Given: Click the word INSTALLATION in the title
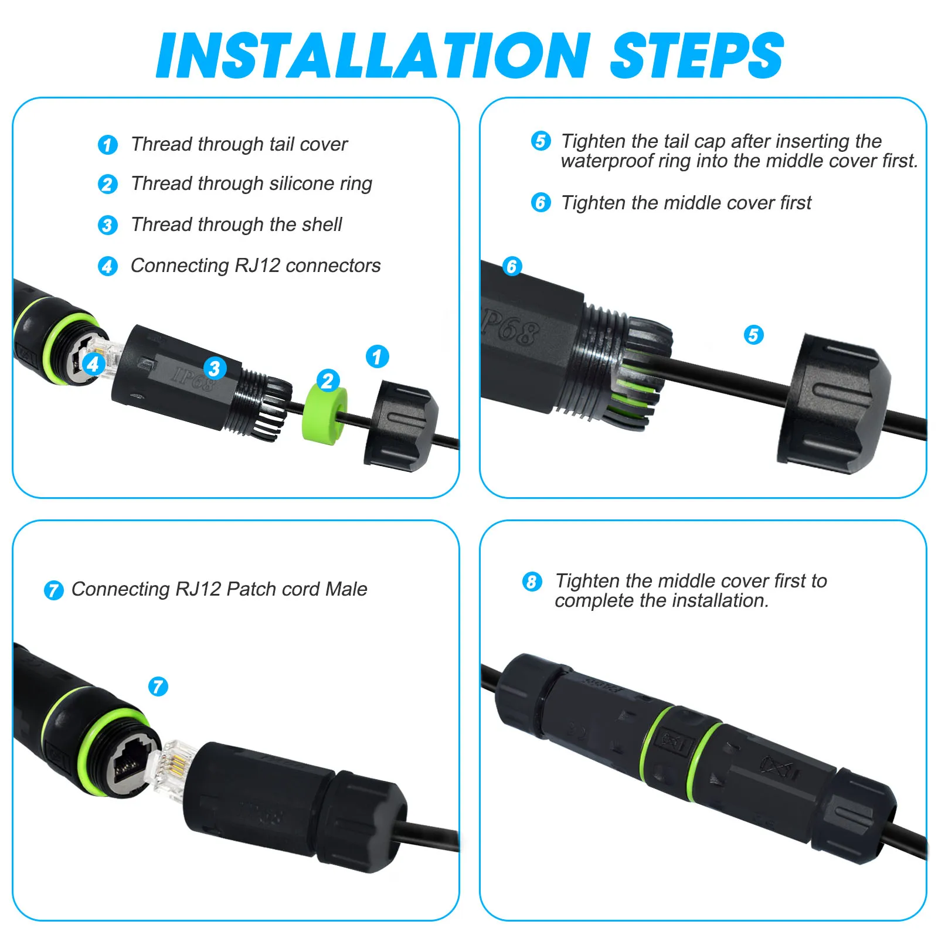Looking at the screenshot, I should click(x=373, y=56).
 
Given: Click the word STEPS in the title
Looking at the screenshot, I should click(x=696, y=56).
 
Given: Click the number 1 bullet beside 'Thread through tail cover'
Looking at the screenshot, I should click(x=107, y=145).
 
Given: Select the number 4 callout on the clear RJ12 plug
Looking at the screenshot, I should click(x=93, y=364).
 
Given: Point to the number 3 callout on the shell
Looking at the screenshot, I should click(x=215, y=369).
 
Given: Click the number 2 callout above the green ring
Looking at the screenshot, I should click(x=328, y=381).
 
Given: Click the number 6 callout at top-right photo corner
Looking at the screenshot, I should click(x=512, y=266).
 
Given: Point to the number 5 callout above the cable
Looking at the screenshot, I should click(x=753, y=335).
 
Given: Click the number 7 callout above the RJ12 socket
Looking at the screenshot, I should click(x=158, y=686).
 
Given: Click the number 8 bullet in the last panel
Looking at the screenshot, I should click(x=532, y=582).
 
